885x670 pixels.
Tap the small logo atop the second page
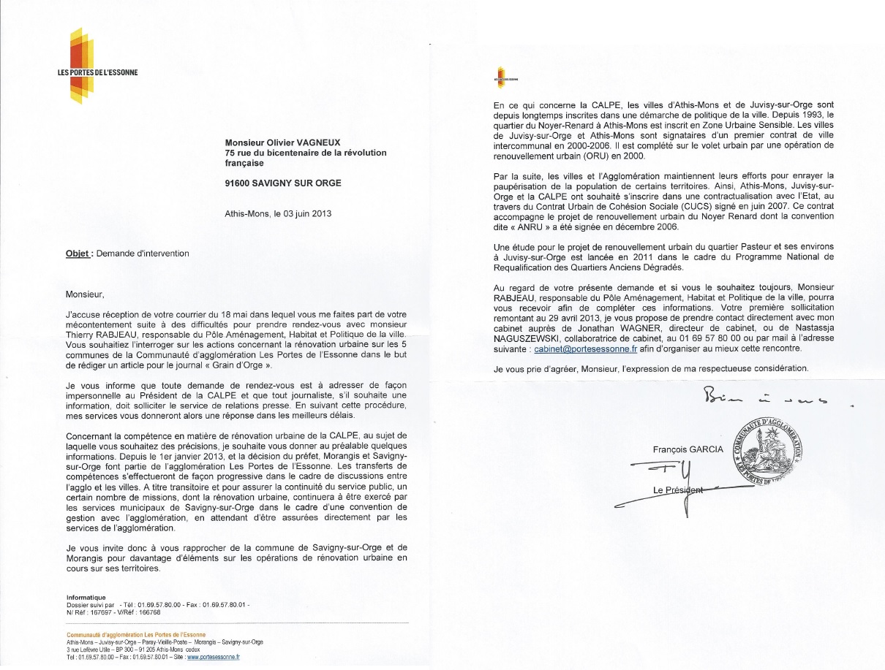(505, 76)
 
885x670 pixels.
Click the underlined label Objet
(78, 254)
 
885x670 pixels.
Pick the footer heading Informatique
(86, 598)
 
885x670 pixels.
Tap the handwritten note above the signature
(764, 398)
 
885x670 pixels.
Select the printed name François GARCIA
(687, 449)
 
